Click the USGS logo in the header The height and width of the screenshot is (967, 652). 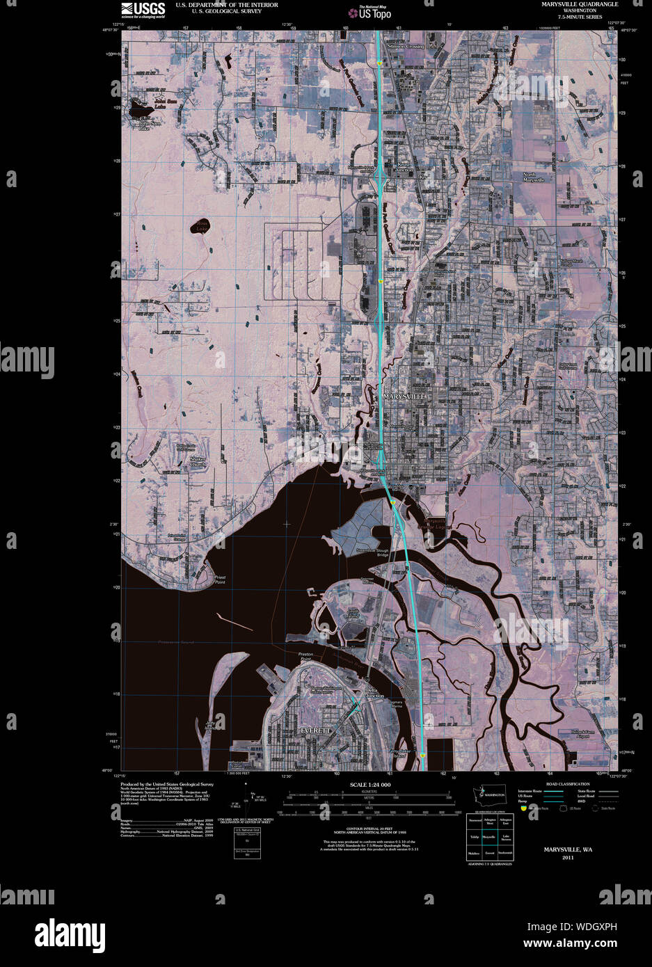tap(143, 9)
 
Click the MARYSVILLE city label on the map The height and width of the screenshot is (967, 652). tap(404, 396)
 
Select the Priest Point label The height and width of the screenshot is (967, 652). tap(220, 580)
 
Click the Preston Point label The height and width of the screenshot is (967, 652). tap(306, 657)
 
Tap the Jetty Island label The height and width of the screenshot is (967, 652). tap(210, 724)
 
